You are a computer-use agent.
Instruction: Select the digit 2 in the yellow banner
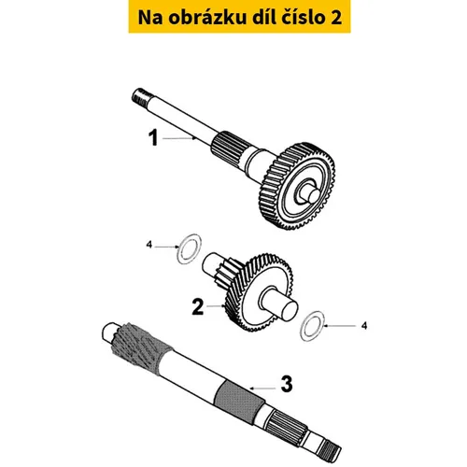pyautogui.click(x=335, y=18)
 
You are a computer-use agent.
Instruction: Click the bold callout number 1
pyautogui.click(x=153, y=138)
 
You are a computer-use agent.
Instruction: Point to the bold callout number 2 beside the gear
pyautogui.click(x=198, y=307)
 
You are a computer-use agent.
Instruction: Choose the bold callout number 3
pyautogui.click(x=287, y=384)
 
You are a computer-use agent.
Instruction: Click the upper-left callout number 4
pyautogui.click(x=149, y=245)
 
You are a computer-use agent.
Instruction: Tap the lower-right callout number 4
pyautogui.click(x=364, y=326)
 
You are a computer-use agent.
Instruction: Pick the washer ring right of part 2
pyautogui.click(x=302, y=330)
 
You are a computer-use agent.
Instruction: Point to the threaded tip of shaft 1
pyautogui.click(x=139, y=96)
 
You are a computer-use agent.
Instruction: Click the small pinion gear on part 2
pyautogui.click(x=229, y=270)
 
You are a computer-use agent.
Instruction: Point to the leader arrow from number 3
pyautogui.click(x=262, y=389)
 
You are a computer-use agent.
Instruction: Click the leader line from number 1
pyautogui.click(x=179, y=138)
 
